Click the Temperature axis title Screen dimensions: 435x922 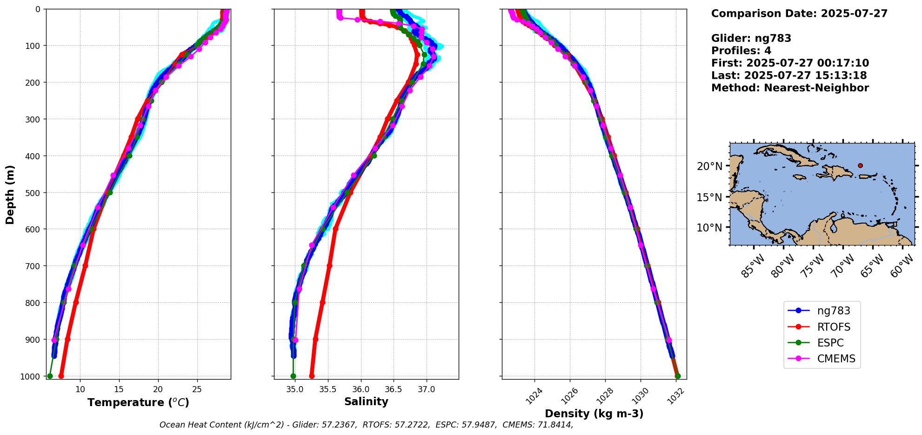click(138, 402)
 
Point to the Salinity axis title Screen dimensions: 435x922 click(366, 401)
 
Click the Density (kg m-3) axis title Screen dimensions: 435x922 click(594, 414)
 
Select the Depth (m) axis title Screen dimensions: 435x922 click(10, 194)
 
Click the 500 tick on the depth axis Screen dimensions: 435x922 click(33, 193)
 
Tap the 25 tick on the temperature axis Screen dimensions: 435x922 click(197, 389)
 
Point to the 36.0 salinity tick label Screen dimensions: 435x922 click(361, 389)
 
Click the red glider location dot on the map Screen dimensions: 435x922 click(860, 165)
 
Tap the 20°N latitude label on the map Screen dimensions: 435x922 click(709, 166)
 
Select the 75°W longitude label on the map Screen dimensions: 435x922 click(813, 266)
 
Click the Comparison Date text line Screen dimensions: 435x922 click(799, 14)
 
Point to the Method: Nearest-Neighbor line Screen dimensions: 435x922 click(790, 88)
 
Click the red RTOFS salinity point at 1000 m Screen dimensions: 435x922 click(312, 376)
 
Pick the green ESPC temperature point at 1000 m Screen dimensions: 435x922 click(50, 376)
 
